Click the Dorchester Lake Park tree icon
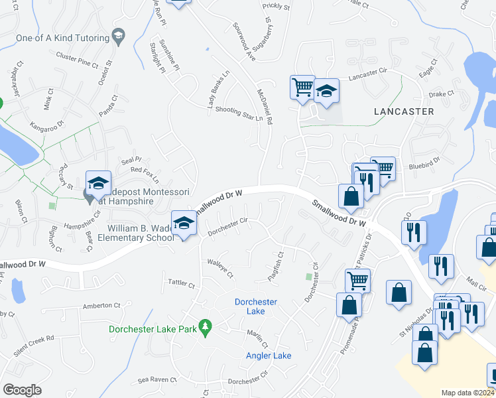(x=206, y=328)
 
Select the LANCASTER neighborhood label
(x=403, y=111)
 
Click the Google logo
(x=22, y=389)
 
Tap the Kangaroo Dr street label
(x=46, y=124)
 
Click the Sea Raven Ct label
(x=157, y=380)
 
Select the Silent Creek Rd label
(x=32, y=338)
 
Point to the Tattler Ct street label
(x=181, y=285)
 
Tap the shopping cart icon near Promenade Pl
(x=357, y=281)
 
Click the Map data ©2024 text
(x=467, y=393)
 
